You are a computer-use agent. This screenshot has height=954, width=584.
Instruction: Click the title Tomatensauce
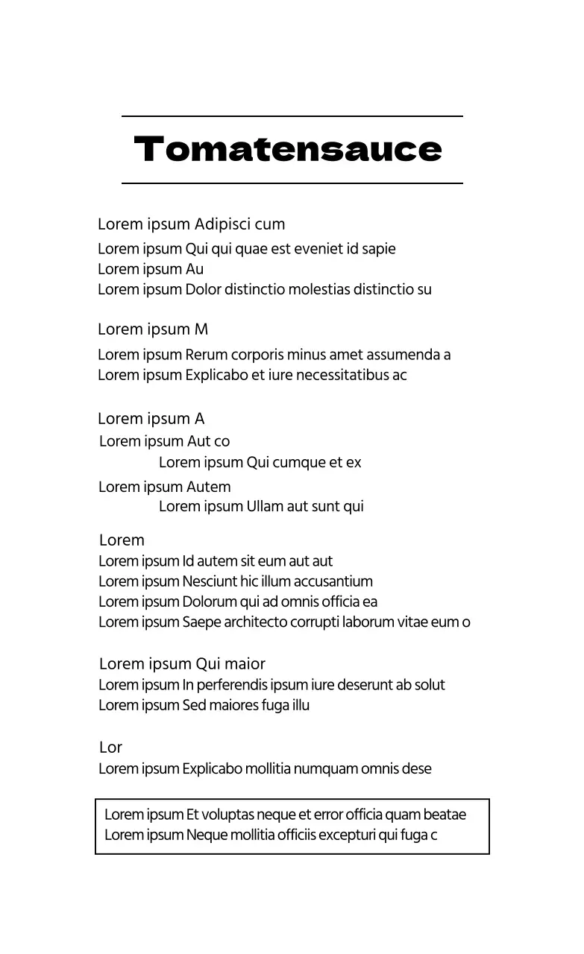[x=288, y=150]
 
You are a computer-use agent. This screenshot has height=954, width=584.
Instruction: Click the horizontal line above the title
[x=292, y=116]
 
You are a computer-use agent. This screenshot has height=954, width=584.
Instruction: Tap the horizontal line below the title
[x=292, y=183]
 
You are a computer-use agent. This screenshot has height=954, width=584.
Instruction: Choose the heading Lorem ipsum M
[x=153, y=329]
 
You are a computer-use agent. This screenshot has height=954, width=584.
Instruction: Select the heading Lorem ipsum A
[x=151, y=419]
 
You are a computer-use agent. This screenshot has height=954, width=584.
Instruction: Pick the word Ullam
[x=265, y=507]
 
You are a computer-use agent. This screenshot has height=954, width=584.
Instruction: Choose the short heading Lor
[x=110, y=748]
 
